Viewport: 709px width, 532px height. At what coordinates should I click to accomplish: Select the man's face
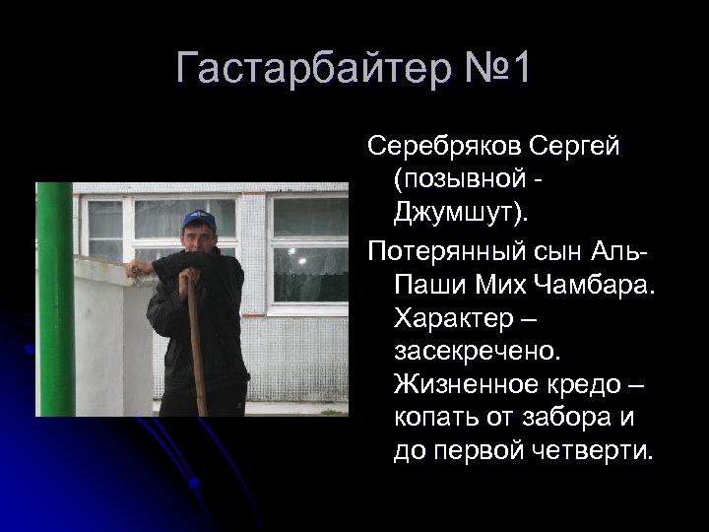[199, 236]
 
